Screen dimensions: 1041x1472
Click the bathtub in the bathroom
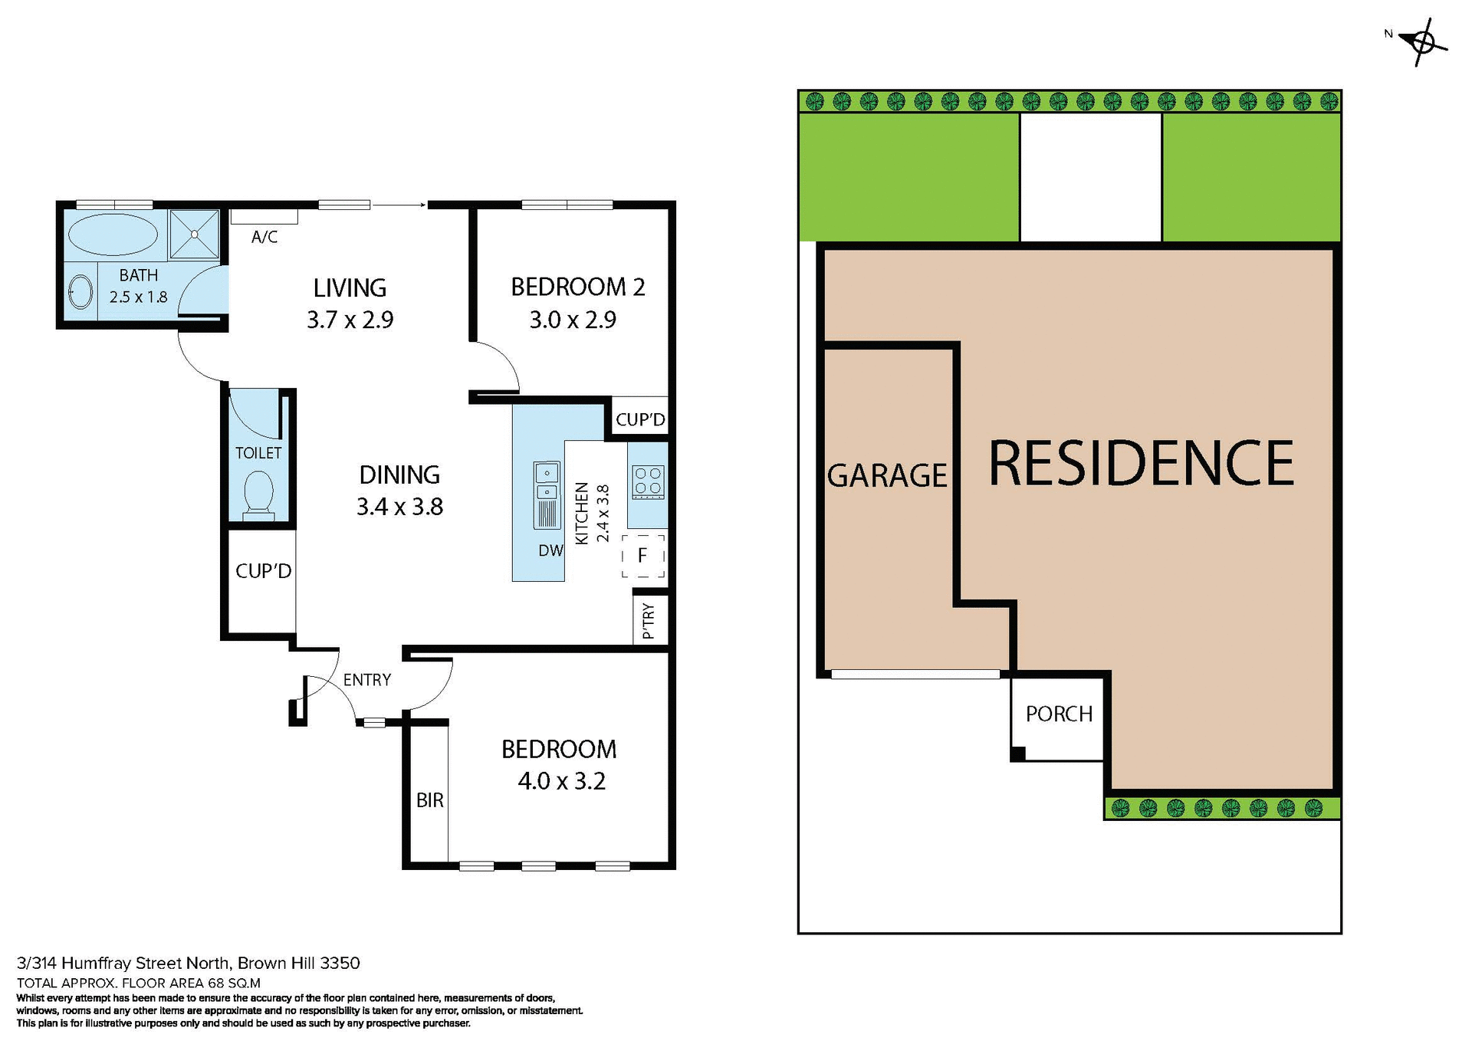coord(113,235)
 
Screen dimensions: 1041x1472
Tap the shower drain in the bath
coord(195,235)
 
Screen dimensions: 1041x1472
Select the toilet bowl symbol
coord(258,493)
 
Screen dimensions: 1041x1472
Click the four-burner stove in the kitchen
coord(648,482)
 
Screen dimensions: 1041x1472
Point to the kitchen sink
coord(547,494)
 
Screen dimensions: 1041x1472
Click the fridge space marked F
coord(642,556)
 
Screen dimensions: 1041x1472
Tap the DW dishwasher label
coord(550,550)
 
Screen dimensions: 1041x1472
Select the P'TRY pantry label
coord(649,620)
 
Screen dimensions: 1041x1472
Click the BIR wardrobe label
coord(429,800)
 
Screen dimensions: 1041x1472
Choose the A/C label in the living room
coord(264,237)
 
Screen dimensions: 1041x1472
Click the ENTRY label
coord(366,680)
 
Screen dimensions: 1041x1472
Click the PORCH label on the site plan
coord(1059,714)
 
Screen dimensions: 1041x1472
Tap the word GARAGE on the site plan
coord(887,475)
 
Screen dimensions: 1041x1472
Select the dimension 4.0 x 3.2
coord(561,781)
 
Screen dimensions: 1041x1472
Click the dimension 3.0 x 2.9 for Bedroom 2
coord(573,320)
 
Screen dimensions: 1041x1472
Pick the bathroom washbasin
coord(80,292)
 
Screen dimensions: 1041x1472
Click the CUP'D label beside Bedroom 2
coord(640,420)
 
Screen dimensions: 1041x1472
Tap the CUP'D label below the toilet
coord(263,571)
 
